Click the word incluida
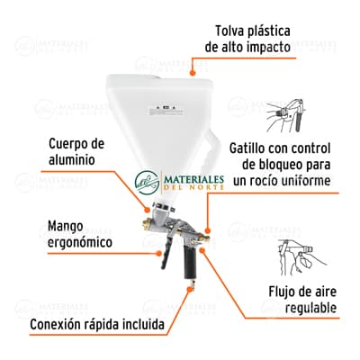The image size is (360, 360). (161, 325)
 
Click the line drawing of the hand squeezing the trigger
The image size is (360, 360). (298, 115)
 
